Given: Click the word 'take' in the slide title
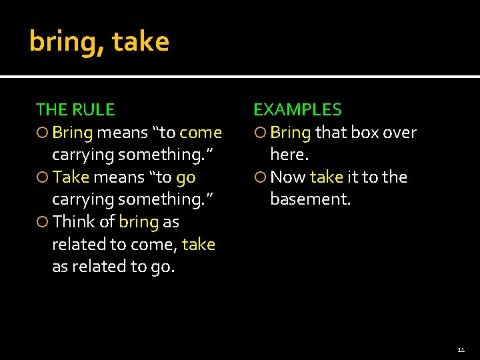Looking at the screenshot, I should click(141, 42).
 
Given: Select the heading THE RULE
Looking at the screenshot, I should click(75, 109).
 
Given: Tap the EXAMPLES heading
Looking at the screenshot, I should click(297, 109).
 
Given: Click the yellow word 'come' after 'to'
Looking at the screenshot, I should click(201, 133).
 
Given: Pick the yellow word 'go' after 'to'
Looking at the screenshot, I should click(185, 177).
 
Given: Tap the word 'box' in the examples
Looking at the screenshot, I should click(365, 133).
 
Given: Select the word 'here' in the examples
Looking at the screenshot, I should click(287, 155).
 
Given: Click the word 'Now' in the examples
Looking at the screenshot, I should click(288, 177).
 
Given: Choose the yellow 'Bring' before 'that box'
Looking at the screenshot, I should click(291, 133).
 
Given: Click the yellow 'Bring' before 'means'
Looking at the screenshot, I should click(72, 133).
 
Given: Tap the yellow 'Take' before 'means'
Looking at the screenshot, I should click(71, 177).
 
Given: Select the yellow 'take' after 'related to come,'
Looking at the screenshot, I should click(198, 244).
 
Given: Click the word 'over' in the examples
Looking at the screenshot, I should click(400, 133).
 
